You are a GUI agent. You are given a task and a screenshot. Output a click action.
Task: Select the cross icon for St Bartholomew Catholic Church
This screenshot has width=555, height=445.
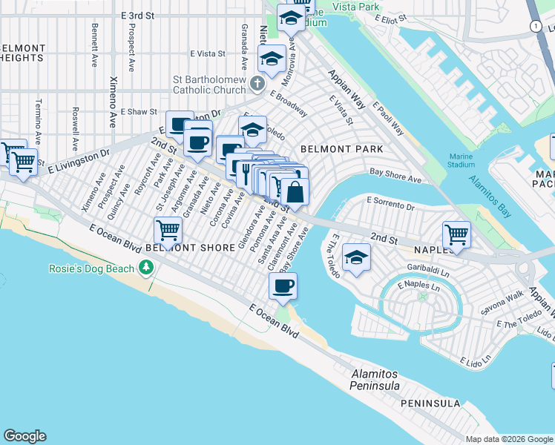tap(257, 82)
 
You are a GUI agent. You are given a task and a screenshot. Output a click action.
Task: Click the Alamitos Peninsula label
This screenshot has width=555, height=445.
tap(375, 380)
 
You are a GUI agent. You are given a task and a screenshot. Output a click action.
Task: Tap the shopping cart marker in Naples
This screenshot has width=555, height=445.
tap(456, 235)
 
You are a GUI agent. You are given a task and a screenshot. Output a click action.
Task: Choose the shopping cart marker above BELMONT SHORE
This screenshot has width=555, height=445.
tap(168, 230)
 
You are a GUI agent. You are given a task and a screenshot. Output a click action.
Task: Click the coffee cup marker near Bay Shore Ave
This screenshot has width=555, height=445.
tap(282, 286)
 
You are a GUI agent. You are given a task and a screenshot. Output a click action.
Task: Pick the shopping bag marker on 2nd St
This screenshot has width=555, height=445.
tap(295, 191)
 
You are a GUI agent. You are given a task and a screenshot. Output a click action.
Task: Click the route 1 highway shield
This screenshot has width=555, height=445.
tap(535, 26)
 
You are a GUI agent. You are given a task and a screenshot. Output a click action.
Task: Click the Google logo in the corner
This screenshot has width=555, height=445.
tap(24, 436)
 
